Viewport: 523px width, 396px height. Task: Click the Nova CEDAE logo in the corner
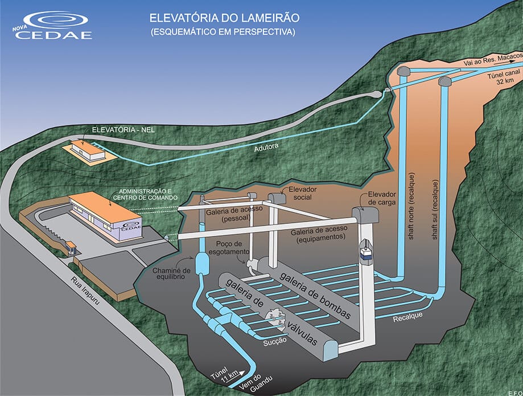53,26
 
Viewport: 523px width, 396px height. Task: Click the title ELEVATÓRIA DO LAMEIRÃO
224,18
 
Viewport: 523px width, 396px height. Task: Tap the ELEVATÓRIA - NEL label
123,129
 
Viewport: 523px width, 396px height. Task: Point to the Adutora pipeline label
266,147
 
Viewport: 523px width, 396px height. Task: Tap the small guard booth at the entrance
71,248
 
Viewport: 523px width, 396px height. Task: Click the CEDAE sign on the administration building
131,226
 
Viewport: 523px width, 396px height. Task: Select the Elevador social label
302,193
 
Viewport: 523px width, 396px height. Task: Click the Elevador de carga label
381,198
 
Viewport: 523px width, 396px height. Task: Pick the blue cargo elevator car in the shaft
366,253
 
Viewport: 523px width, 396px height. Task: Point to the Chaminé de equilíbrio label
171,273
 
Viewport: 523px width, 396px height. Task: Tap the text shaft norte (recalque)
411,206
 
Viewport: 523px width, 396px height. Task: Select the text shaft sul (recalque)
435,210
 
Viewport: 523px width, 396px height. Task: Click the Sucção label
275,341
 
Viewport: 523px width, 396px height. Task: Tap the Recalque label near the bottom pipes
407,317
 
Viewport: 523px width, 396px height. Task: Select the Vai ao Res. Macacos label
493,59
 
